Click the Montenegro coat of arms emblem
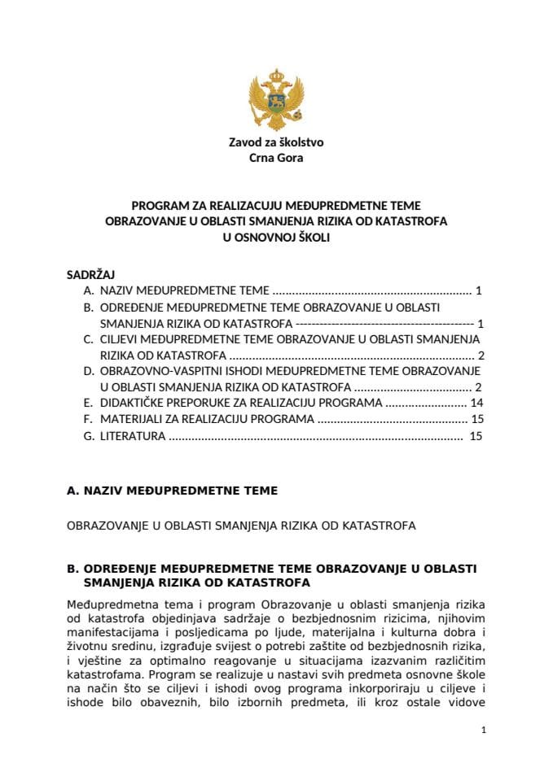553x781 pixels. click(275, 99)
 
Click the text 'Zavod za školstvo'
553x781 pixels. click(275, 142)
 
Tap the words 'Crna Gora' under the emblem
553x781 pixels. click(275, 158)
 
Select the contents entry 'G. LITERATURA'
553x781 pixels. click(125, 436)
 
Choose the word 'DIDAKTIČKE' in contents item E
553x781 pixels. click(135, 403)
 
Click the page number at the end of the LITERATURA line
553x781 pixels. click(476, 436)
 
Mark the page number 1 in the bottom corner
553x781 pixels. click(484, 731)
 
